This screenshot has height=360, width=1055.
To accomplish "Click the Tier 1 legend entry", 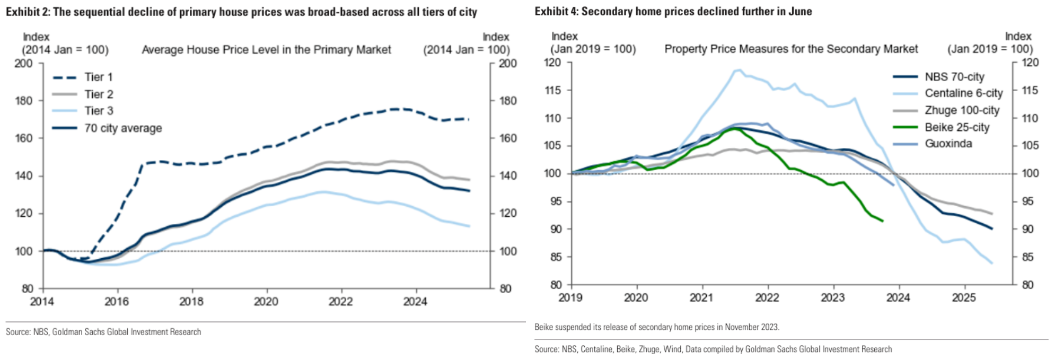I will point(98,77).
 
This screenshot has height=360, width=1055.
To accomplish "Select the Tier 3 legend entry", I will point(99,111).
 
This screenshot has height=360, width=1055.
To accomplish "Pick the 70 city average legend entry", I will point(123,128).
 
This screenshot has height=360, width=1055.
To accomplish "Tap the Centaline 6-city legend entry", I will point(963,93).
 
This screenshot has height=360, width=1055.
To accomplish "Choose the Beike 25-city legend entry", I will point(957,127).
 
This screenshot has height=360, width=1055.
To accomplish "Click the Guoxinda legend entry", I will point(948,144).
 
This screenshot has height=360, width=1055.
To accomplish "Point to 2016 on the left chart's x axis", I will point(117,302).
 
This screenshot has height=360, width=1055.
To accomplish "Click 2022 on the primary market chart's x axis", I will point(340,302).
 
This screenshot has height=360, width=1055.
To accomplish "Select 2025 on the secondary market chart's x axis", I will point(964,298).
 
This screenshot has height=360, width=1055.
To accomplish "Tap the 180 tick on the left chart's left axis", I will point(24,101).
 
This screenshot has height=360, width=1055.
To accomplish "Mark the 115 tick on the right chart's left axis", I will point(553,91).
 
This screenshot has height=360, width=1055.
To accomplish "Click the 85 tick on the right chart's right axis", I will point(1027,257).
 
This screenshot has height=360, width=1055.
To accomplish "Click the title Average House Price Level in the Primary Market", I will point(266,50).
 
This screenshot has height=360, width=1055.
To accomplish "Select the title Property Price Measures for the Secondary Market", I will point(791,49).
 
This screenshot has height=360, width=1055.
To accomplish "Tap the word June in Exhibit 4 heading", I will point(800,11).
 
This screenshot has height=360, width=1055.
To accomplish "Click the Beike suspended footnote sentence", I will point(656,327).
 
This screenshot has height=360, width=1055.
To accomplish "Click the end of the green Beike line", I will point(883,221).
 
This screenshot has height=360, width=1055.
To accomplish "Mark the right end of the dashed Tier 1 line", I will point(469,119).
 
